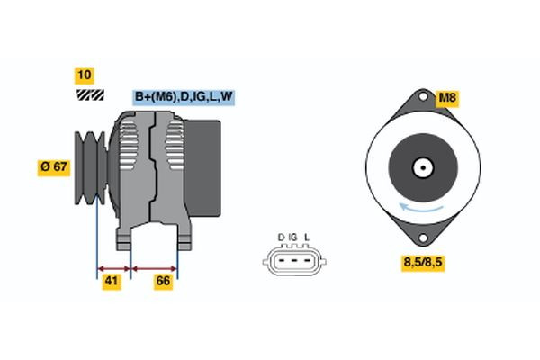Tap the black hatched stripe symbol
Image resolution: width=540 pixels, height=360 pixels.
[x=89, y=94]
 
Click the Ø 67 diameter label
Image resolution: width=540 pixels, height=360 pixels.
[x=54, y=166]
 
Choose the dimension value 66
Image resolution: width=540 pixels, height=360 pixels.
[x=163, y=282]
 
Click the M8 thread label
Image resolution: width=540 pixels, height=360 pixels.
[x=448, y=97]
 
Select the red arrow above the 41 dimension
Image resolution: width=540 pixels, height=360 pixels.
[x=114, y=267]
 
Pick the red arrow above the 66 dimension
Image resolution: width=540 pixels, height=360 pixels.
[x=155, y=267]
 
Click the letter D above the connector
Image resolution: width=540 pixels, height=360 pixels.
[x=281, y=238]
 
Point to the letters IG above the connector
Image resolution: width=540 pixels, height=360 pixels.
[x=293, y=238]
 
